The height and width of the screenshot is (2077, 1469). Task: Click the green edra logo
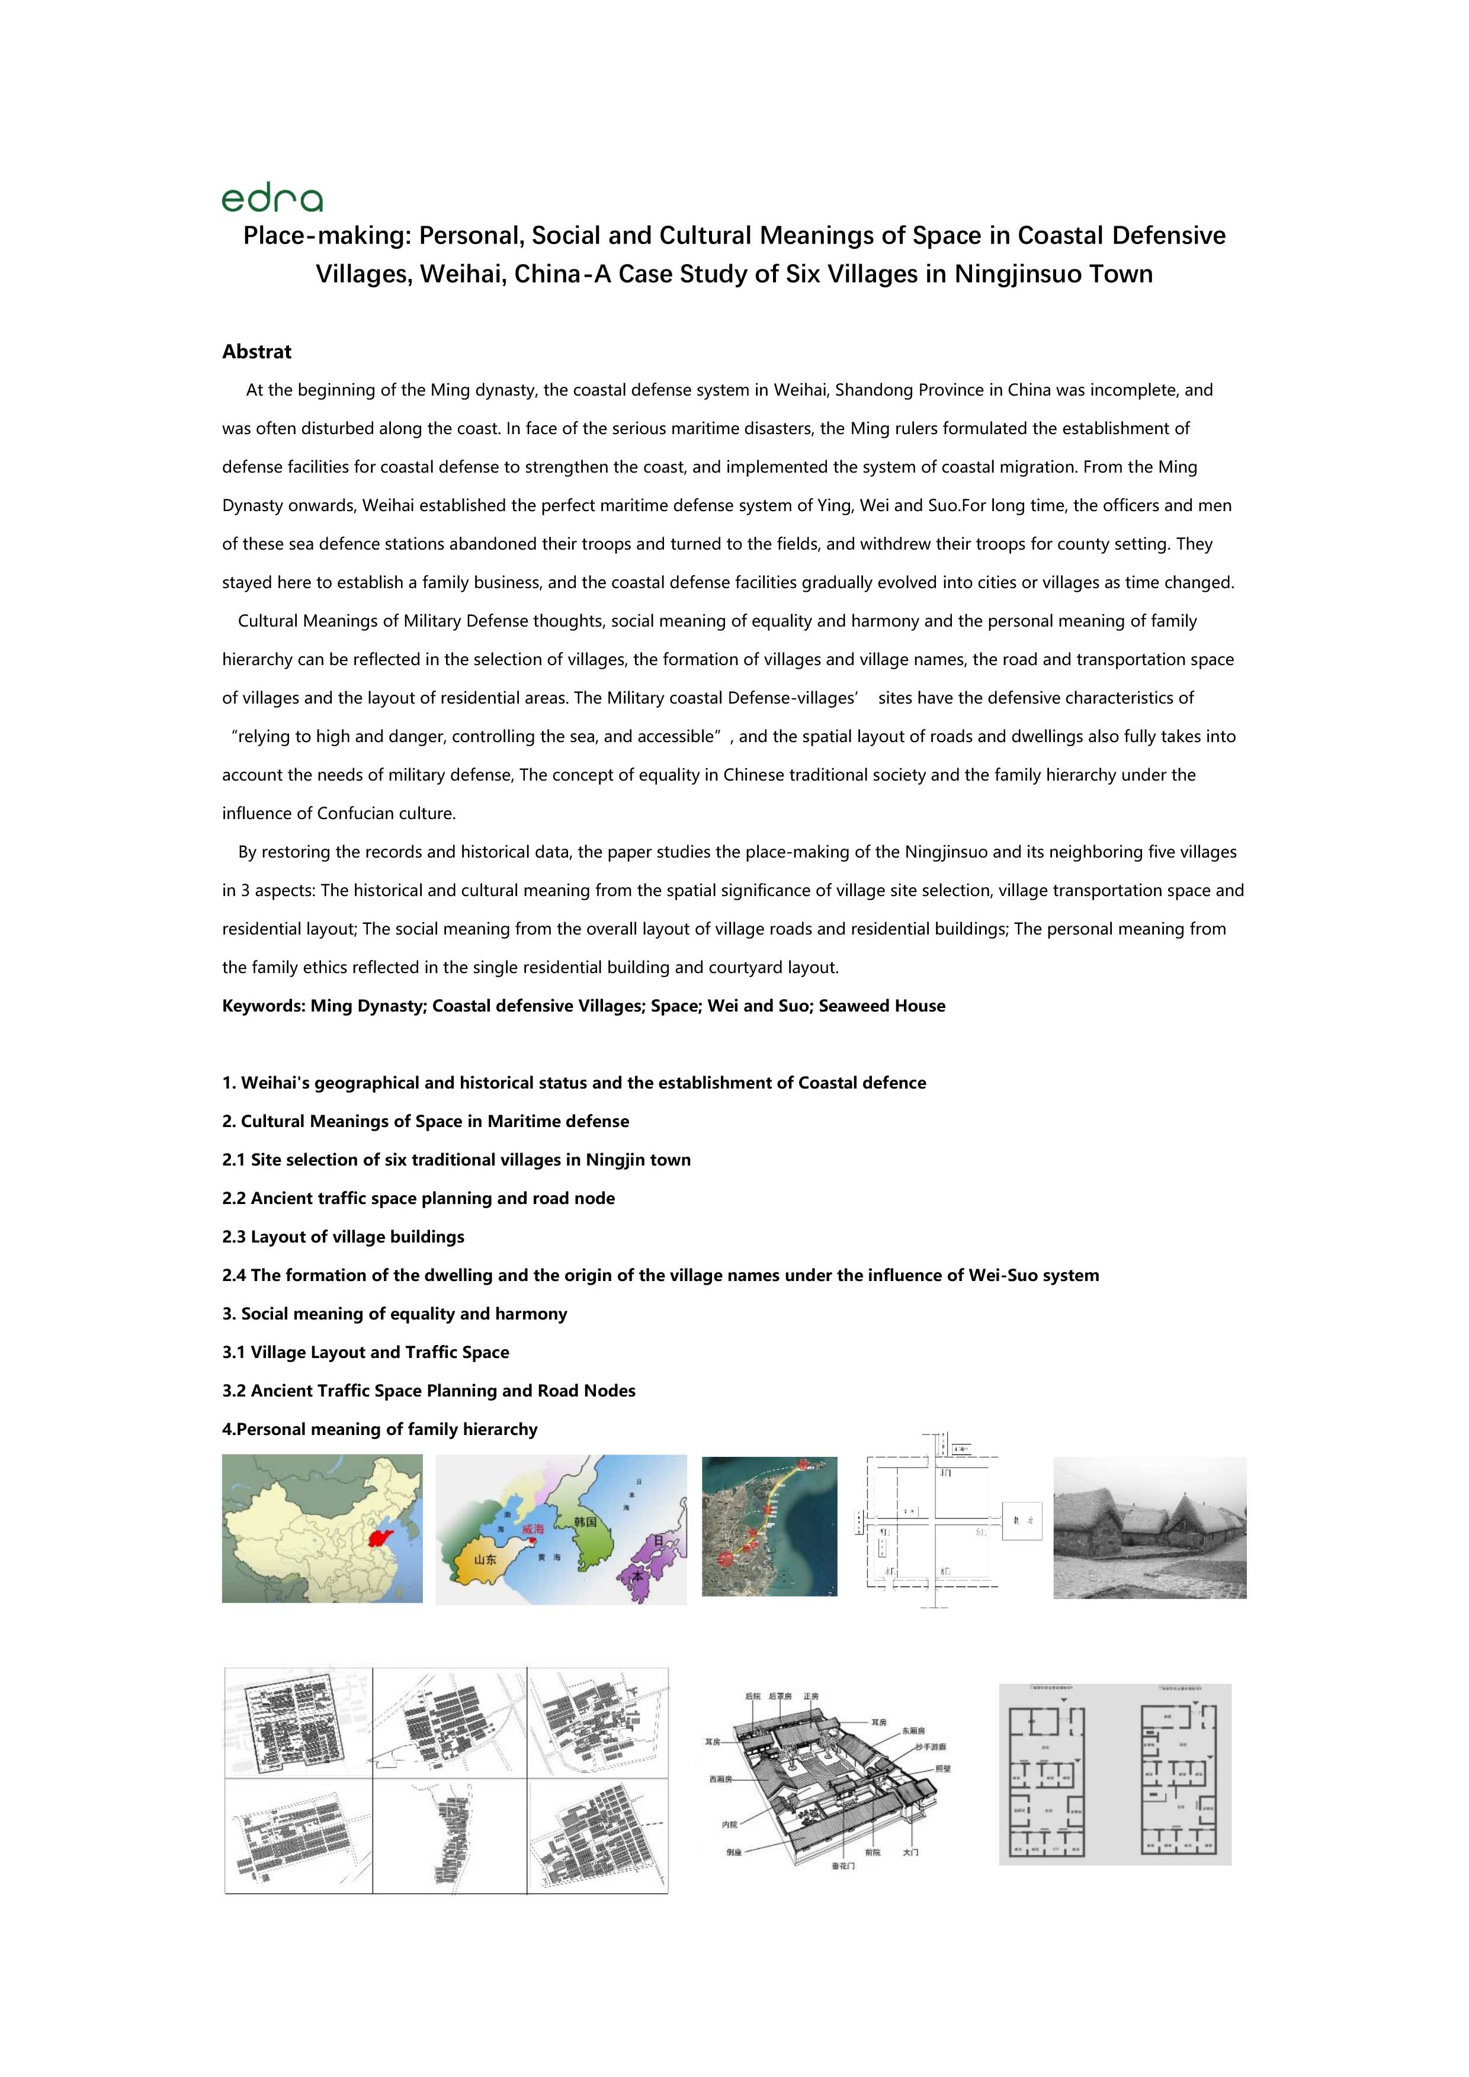click(271, 199)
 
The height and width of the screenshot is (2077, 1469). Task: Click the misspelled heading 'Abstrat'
click(257, 352)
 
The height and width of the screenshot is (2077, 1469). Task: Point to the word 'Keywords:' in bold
click(264, 1006)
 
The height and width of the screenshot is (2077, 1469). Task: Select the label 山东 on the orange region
click(485, 1559)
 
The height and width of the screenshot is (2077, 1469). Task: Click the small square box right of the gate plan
click(1021, 1521)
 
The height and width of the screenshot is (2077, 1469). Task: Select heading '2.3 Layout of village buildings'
click(343, 1237)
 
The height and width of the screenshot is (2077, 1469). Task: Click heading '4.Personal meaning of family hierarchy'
click(380, 1429)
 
